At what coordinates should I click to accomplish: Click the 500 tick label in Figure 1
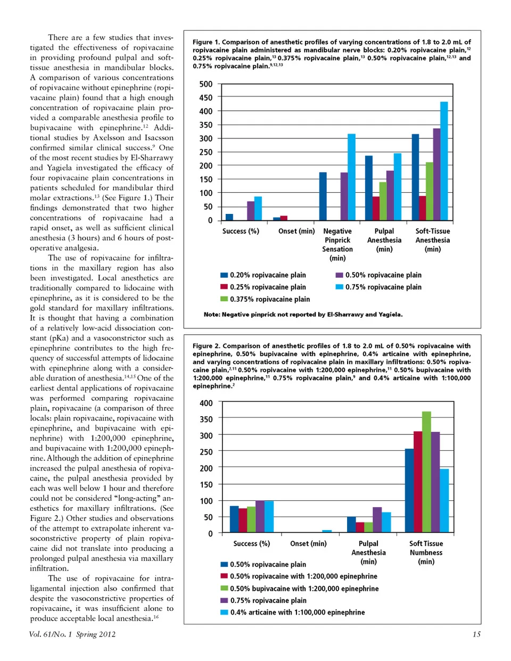(x=206, y=84)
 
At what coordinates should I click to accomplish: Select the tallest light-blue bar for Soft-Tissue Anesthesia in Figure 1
(x=444, y=161)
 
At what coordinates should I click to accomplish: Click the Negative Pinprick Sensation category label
(x=337, y=244)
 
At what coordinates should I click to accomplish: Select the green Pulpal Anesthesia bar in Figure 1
(x=383, y=201)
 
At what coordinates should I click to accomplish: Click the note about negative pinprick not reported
(x=303, y=315)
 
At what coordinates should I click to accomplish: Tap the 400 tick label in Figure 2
(x=206, y=403)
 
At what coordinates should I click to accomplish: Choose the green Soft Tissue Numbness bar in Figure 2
(x=426, y=472)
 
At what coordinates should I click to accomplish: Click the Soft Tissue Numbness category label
(x=426, y=552)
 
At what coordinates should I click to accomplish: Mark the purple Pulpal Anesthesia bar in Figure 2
(x=377, y=519)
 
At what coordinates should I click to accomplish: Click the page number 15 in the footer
(x=476, y=634)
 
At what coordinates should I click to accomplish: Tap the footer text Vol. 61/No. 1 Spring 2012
(x=72, y=634)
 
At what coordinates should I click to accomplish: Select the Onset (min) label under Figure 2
(x=308, y=543)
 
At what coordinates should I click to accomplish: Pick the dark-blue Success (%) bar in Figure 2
(x=234, y=519)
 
